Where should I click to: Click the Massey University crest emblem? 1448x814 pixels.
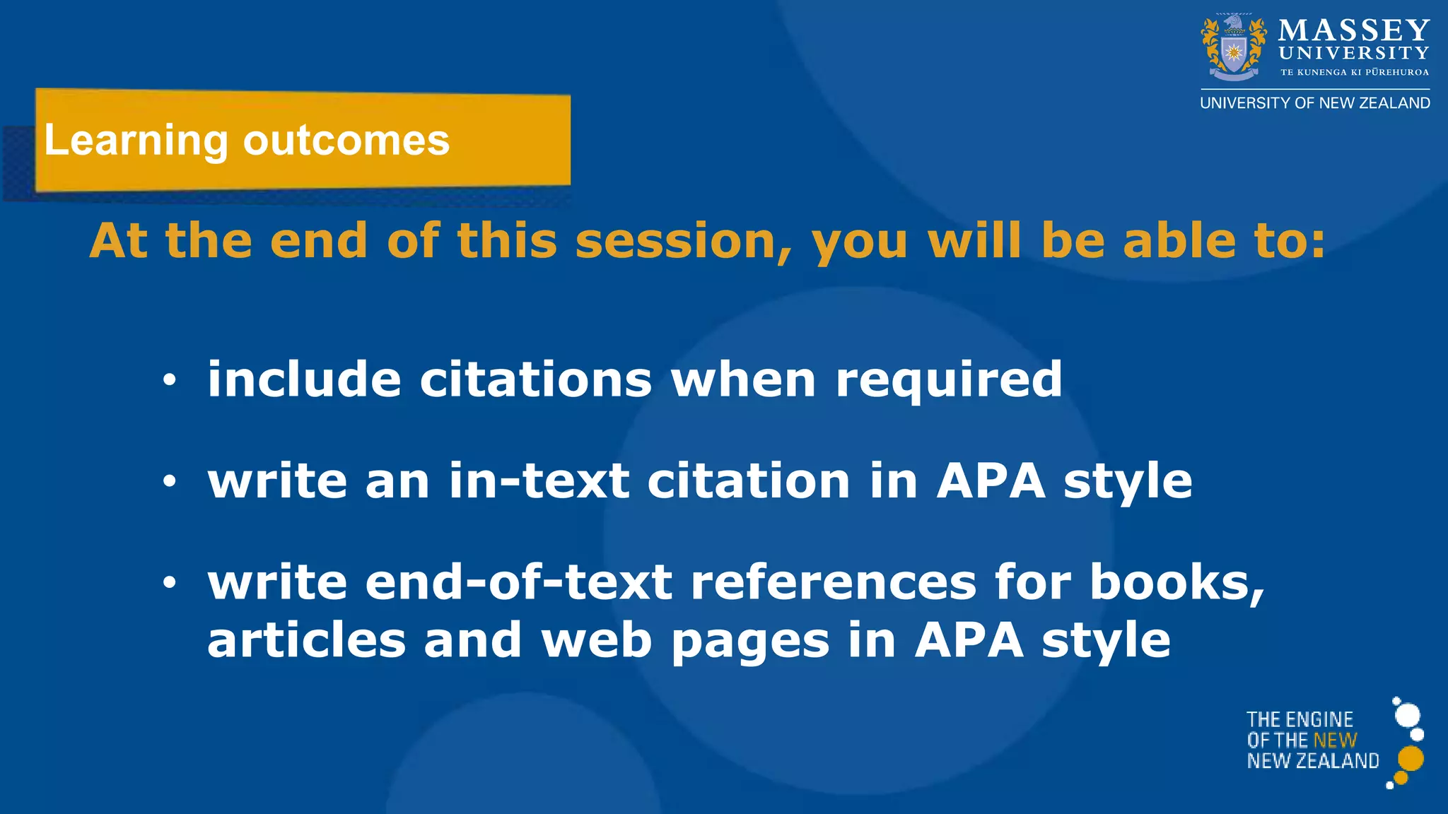[x=1234, y=48]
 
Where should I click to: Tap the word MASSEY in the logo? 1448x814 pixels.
[x=1354, y=30]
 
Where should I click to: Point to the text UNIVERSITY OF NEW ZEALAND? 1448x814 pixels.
[x=1315, y=103]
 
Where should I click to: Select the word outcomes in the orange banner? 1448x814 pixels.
[x=346, y=140]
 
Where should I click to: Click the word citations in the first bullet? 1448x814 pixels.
[x=536, y=379]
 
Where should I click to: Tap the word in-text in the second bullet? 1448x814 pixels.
[x=539, y=480]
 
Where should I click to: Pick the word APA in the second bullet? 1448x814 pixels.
[x=991, y=480]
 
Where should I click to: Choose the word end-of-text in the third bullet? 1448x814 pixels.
[x=519, y=582]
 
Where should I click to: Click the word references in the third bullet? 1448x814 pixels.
[x=834, y=582]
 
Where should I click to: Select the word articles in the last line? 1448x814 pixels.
[x=306, y=640]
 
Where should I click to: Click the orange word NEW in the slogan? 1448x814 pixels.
[x=1335, y=740]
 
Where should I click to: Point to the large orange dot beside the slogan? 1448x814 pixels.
[x=1411, y=759]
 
